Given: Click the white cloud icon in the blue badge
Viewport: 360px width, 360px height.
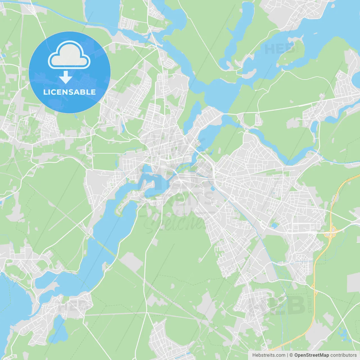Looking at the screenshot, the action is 69,55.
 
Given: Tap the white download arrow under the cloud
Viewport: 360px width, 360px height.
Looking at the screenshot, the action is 66,77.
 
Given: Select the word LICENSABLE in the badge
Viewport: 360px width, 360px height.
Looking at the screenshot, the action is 69,92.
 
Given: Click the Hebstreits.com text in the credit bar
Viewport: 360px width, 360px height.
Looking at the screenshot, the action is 269,355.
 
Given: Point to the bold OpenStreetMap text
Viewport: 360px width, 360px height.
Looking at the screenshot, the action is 311,355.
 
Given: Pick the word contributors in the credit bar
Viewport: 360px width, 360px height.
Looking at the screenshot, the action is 343,355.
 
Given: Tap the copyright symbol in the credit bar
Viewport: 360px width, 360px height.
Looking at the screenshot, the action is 291,355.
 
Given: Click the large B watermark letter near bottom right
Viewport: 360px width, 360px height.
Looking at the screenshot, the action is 295,305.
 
